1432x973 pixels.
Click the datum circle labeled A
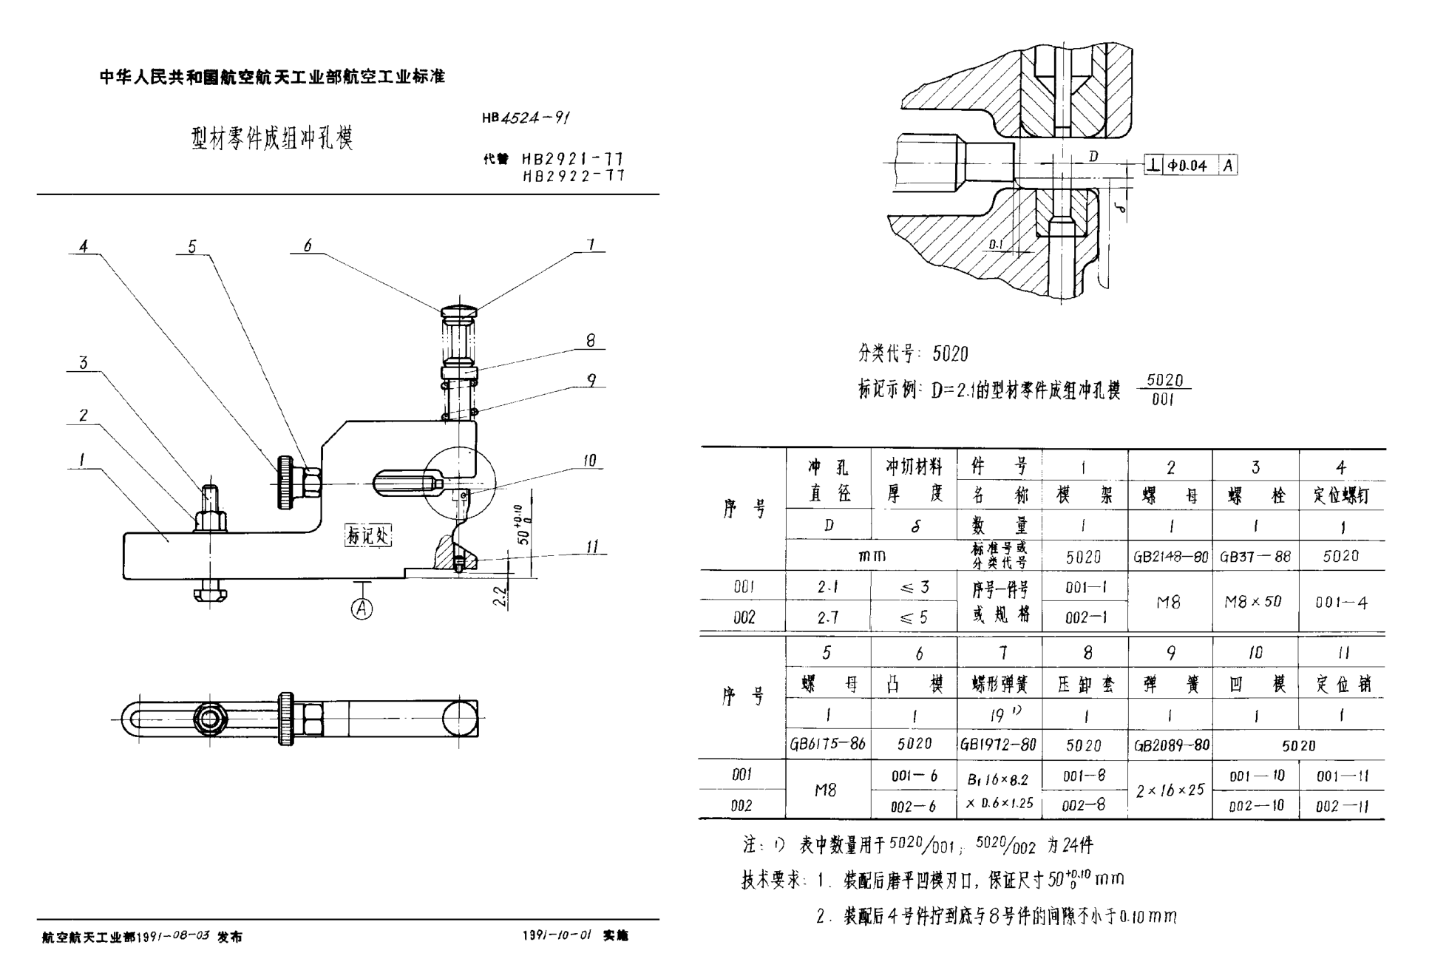coord(362,609)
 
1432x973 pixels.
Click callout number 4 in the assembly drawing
coord(84,246)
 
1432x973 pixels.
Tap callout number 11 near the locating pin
coord(592,547)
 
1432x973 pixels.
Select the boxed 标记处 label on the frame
coord(367,535)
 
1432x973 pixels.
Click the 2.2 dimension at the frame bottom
coord(500,597)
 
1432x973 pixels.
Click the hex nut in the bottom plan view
coord(211,717)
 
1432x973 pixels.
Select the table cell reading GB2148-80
coord(1170,557)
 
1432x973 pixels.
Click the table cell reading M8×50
coord(1255,602)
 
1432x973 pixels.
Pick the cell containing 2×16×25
coord(1170,790)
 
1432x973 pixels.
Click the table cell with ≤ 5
coord(914,617)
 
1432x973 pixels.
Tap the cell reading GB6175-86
coord(827,744)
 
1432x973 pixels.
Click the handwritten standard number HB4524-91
coord(526,118)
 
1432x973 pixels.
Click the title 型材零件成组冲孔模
coord(272,138)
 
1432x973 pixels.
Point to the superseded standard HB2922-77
coord(573,176)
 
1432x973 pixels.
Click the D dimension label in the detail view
coord(1093,156)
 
